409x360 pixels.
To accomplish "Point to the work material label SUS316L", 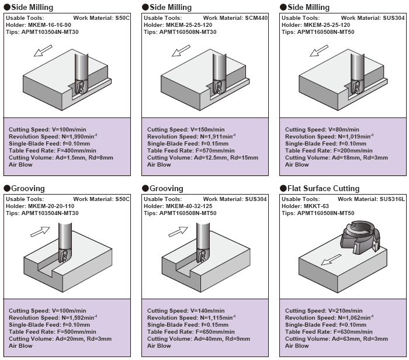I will point(391,199).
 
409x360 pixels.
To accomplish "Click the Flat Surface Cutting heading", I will point(323,189).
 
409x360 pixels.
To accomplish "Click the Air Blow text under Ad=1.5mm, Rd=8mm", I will point(20,165).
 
